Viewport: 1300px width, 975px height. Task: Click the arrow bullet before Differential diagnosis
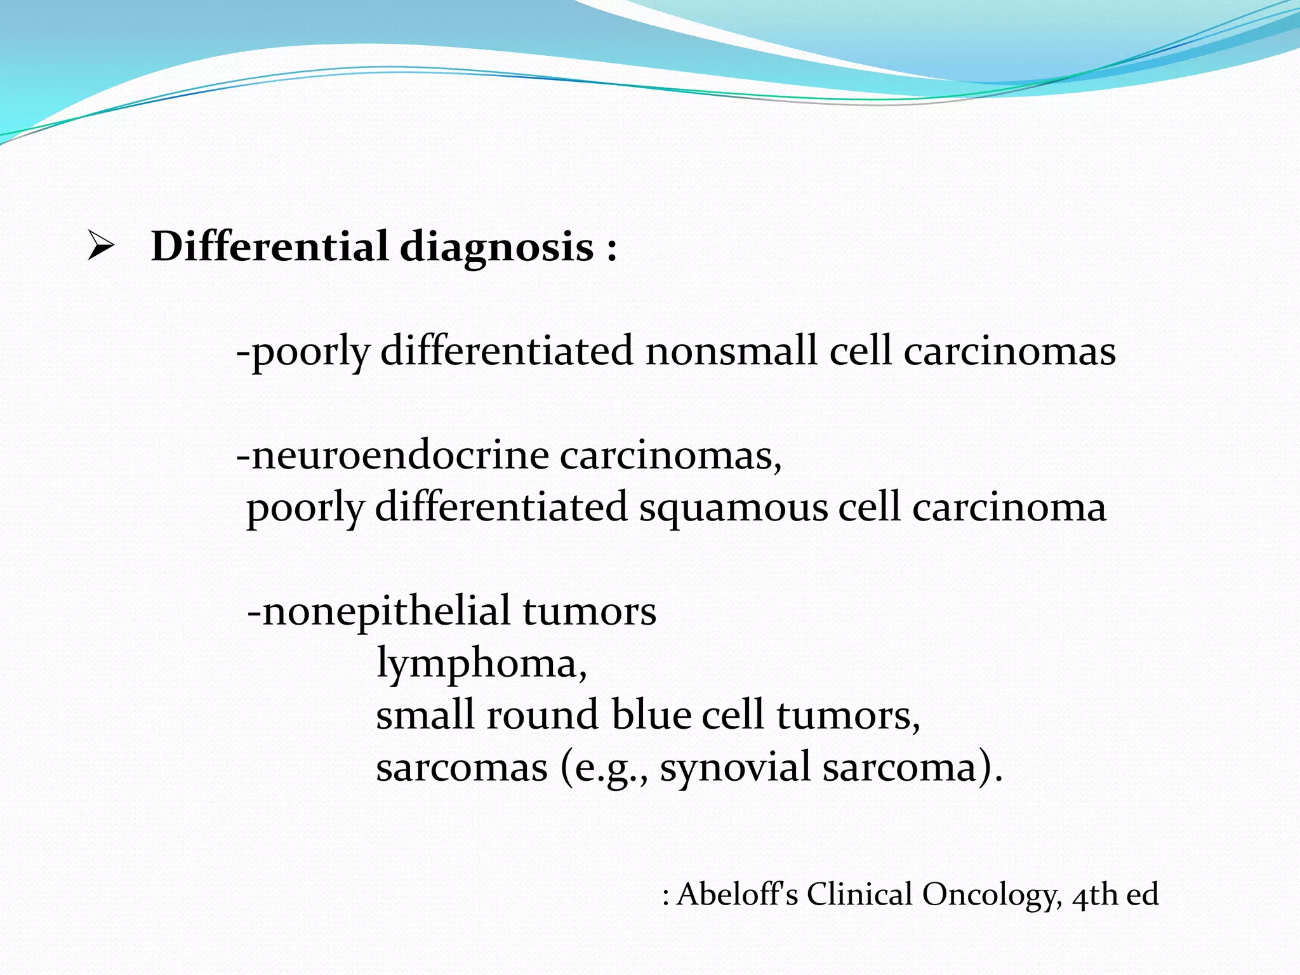tap(101, 247)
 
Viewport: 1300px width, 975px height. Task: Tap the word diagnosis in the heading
tap(496, 248)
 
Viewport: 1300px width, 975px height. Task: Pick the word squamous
tap(734, 508)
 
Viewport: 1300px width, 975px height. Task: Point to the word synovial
tap(735, 768)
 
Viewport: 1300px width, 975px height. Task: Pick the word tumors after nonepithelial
tap(590, 611)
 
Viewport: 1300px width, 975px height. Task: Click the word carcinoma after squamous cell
tap(1009, 508)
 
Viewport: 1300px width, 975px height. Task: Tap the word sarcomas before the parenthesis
tap(461, 767)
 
